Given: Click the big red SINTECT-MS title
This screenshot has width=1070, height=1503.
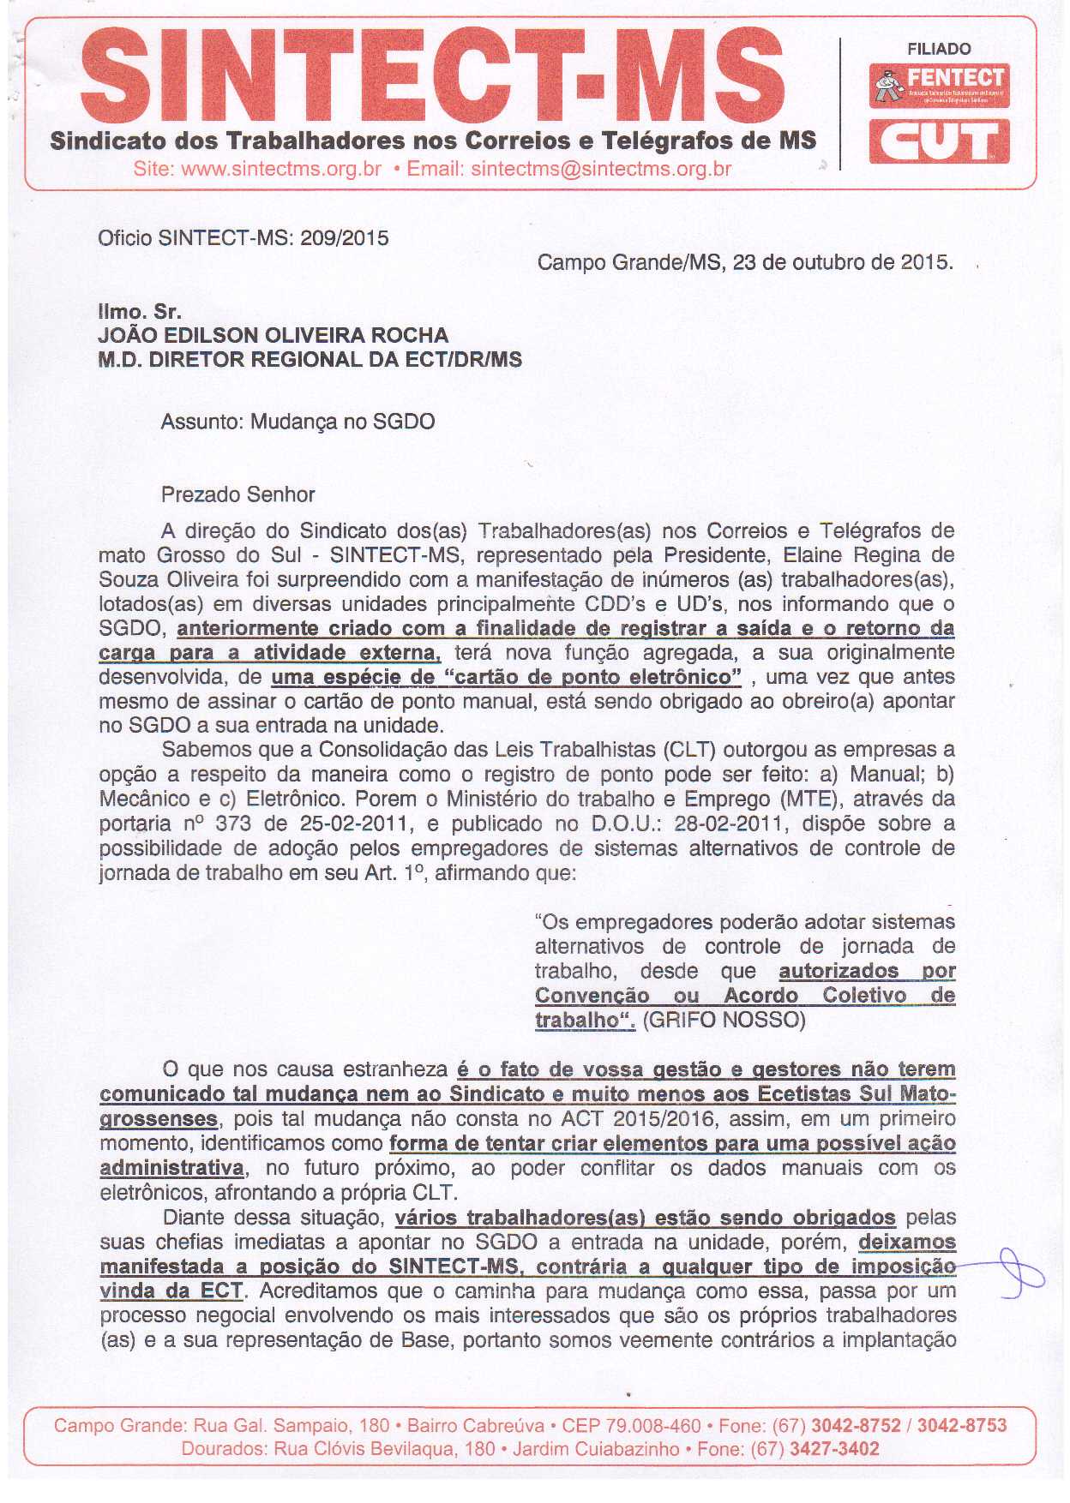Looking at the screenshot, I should click(x=433, y=77).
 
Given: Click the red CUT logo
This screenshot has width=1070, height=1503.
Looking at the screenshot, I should click(x=939, y=141).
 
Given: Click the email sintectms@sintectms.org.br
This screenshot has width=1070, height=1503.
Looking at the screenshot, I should click(x=601, y=169).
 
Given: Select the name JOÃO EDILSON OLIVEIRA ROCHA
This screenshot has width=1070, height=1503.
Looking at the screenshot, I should click(x=274, y=335).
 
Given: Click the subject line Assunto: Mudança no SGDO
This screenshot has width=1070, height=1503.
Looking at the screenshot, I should click(x=298, y=422).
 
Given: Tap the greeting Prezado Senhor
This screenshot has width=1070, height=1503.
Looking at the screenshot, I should click(x=237, y=494).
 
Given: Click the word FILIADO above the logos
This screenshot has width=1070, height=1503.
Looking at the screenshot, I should click(x=939, y=49).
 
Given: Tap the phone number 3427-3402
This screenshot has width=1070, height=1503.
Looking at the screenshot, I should click(x=834, y=1449).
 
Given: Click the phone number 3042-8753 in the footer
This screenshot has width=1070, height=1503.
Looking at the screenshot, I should click(x=961, y=1426).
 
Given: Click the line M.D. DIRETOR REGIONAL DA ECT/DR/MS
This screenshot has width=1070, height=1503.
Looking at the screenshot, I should click(x=310, y=359).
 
